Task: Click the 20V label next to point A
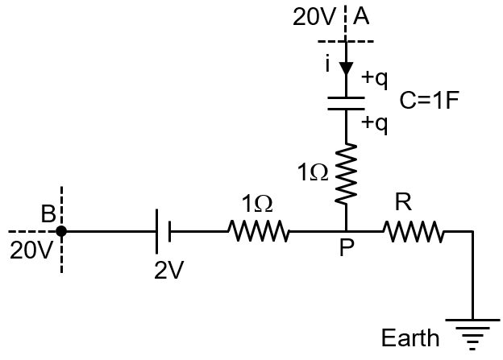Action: (310, 17)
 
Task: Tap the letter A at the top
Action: (361, 17)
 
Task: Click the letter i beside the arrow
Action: (328, 64)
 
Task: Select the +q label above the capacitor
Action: (375, 78)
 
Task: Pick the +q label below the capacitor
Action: (375, 123)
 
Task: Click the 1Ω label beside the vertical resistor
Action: (313, 172)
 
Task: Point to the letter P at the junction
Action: (346, 249)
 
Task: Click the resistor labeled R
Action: (414, 232)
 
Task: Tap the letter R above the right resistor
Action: (403, 204)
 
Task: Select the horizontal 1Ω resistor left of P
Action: (259, 232)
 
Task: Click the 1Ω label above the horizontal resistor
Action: (257, 205)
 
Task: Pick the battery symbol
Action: (164, 232)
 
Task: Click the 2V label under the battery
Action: (169, 270)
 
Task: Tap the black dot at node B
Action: (62, 232)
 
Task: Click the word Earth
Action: (411, 337)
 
